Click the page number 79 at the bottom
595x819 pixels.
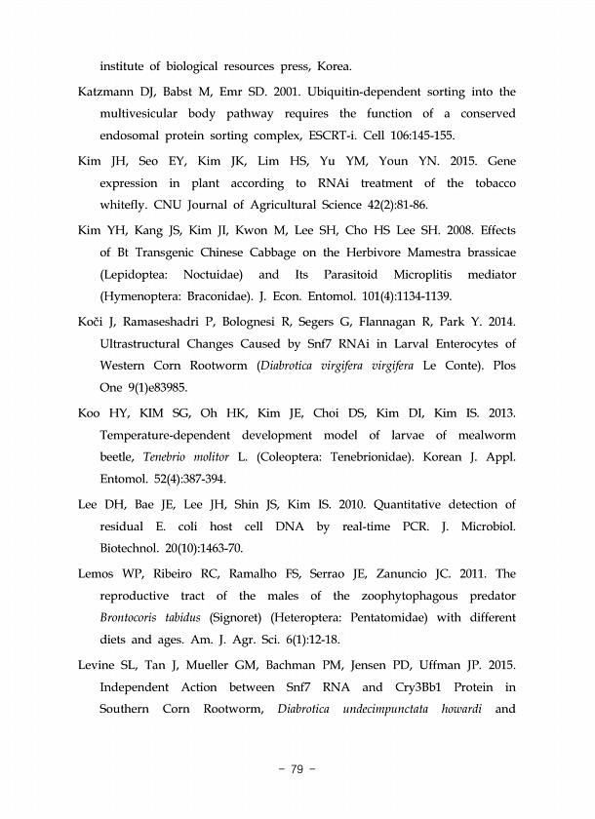pos(297,770)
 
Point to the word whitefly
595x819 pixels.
pos(132,206)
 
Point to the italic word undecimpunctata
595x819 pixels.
pos(385,709)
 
